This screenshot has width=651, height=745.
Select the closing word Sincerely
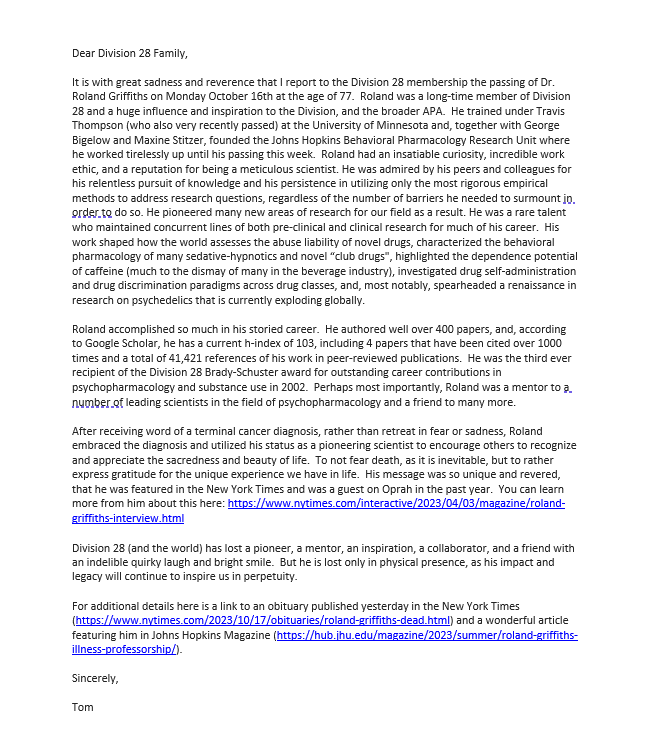[x=95, y=678]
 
